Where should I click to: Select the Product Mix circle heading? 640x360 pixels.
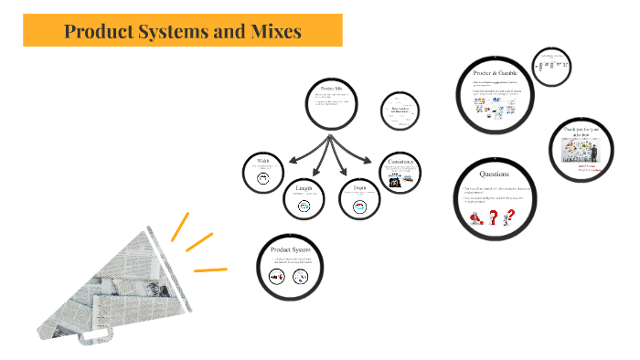(x=330, y=87)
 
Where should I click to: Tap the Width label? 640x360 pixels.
(x=262, y=162)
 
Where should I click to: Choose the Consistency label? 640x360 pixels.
(x=400, y=162)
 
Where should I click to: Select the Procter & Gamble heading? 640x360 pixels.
(x=496, y=72)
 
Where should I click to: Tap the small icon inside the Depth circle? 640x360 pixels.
(x=358, y=206)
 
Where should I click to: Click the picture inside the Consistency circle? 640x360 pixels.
(x=395, y=182)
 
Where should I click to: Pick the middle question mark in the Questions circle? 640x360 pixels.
(x=495, y=217)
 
